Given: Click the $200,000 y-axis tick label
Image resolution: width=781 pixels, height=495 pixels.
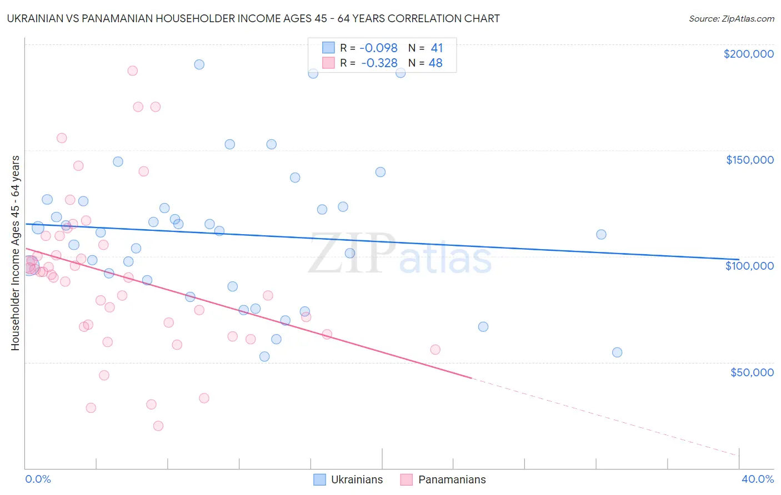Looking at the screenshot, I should tap(748, 54).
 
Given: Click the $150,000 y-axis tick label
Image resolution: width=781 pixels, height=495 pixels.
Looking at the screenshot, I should tap(749, 160).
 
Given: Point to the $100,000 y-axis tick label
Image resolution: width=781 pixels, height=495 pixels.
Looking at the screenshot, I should tap(749, 266).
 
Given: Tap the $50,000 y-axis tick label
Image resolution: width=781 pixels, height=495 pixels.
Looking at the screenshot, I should tap(752, 372).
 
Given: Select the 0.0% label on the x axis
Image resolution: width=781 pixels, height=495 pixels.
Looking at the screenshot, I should tap(38, 479).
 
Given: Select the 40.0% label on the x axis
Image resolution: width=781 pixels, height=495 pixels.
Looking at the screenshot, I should tap(757, 479).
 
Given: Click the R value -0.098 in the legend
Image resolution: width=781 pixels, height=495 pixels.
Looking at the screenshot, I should tap(379, 48).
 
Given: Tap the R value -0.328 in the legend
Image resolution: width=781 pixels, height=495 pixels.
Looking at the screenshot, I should tap(379, 63).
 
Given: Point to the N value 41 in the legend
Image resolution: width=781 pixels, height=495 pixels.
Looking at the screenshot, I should tap(437, 48).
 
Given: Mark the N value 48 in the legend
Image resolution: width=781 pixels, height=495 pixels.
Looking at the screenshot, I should tap(435, 63).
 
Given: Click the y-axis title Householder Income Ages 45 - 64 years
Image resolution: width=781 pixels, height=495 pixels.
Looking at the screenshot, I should tap(15, 253).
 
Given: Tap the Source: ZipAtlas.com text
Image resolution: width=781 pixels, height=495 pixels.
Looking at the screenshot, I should tap(731, 18).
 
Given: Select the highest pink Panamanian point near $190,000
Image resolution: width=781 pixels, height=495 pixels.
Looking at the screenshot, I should tap(132, 70).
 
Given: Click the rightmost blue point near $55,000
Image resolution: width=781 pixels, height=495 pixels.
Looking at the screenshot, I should tap(617, 352).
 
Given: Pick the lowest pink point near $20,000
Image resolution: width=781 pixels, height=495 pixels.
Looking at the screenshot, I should tap(158, 426).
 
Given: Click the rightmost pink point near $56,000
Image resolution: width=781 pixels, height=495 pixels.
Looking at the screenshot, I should tap(435, 350).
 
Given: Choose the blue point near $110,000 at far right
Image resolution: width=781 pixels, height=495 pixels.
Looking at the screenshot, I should tap(601, 234).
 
